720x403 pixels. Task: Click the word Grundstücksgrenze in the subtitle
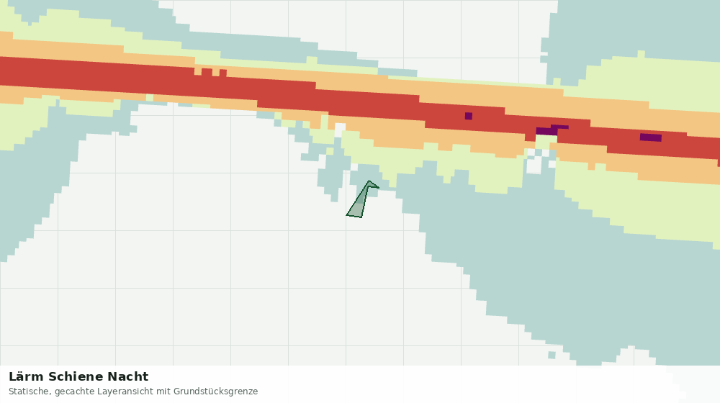pyautogui.click(x=215, y=392)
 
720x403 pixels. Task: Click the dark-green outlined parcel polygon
pyautogui.click(x=360, y=202)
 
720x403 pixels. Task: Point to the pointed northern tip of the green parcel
pyautogui.click(x=369, y=181)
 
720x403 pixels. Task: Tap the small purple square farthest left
pyautogui.click(x=469, y=116)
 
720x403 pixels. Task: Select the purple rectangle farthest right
pyautogui.click(x=651, y=137)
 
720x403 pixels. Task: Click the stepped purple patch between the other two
pyautogui.click(x=551, y=130)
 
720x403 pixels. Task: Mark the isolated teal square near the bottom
pyautogui.click(x=552, y=355)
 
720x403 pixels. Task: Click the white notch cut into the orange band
pyautogui.click(x=340, y=130)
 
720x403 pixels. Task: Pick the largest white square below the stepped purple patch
pyautogui.click(x=534, y=166)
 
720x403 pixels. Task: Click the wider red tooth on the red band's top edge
pyautogui.click(x=207, y=72)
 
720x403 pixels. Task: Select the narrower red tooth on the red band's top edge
pyautogui.click(x=222, y=73)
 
